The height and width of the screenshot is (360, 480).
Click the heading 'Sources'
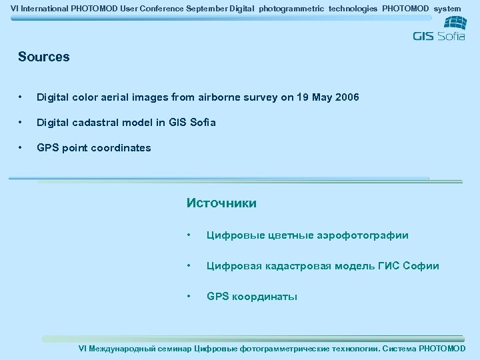tap(44, 57)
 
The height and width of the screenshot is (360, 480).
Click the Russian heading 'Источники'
tap(221, 203)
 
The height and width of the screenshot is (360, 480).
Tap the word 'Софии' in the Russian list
tap(422, 266)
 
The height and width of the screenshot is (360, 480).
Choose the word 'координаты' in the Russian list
tap(265, 297)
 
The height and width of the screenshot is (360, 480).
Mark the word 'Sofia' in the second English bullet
tap(202, 123)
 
